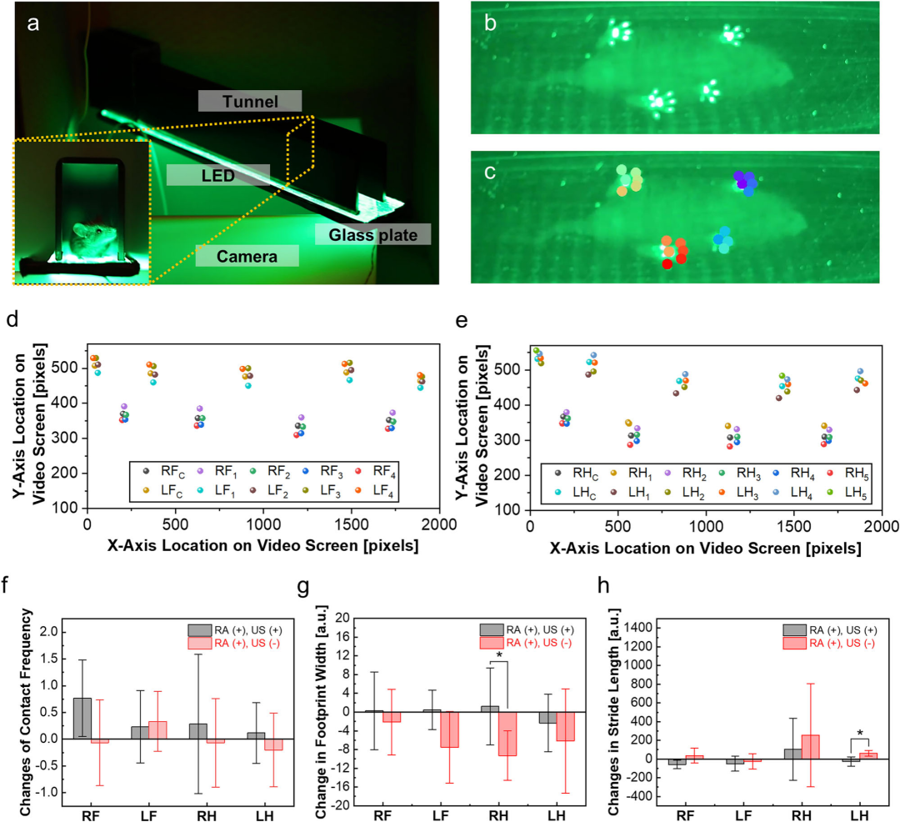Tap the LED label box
(217, 174)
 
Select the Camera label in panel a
(247, 256)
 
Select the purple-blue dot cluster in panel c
(744, 181)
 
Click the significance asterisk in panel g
(498, 655)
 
